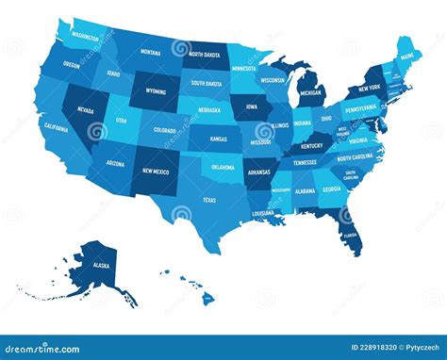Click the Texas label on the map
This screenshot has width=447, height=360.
[208, 200]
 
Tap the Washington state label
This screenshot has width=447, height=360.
[85, 39]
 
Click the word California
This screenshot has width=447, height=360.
[56, 126]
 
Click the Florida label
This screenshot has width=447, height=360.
[349, 236]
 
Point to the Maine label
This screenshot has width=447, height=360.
[408, 57]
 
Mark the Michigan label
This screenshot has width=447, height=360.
[312, 94]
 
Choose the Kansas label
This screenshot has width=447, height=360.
[218, 139]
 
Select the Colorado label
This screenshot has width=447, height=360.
[164, 131]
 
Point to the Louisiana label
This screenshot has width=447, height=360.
[263, 213]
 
